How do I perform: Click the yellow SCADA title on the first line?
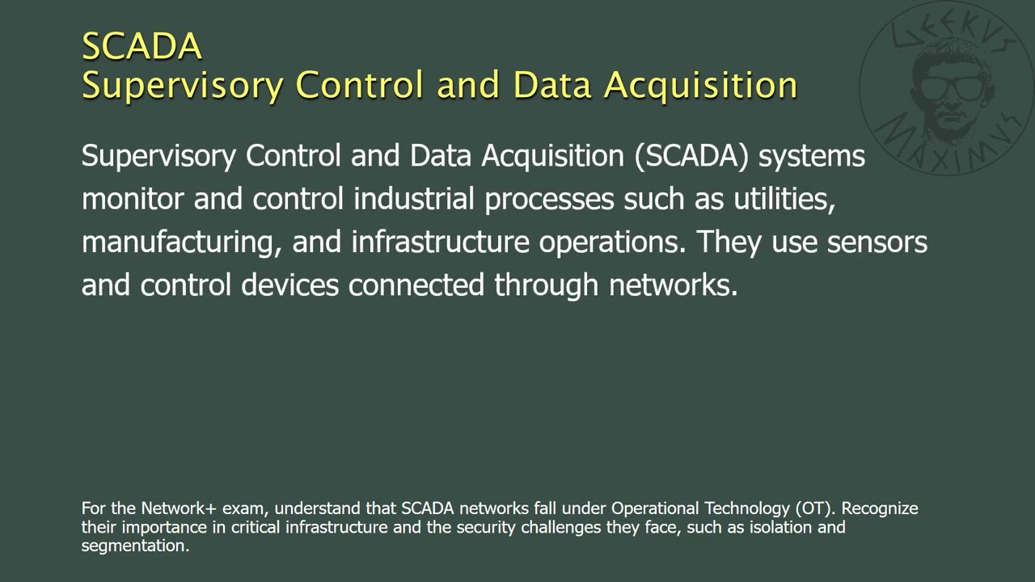(x=142, y=46)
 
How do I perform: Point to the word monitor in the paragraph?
(x=133, y=199)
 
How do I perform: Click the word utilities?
(x=784, y=199)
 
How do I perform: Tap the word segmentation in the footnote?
(x=134, y=546)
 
